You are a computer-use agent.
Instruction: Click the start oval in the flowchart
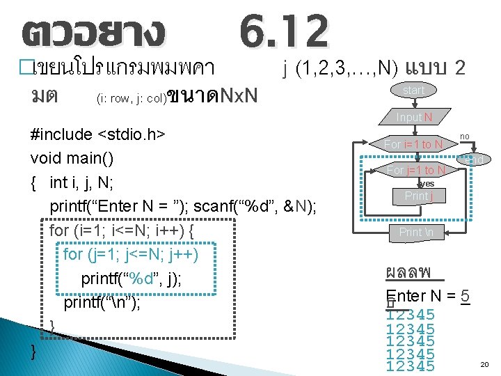[x=413, y=91]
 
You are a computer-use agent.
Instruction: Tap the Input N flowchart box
[x=414, y=117]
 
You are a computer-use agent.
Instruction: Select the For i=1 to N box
[x=413, y=144]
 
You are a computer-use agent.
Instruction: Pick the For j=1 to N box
[x=416, y=170]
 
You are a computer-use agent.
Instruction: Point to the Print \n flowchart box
[x=416, y=232]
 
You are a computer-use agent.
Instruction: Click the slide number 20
[x=484, y=364]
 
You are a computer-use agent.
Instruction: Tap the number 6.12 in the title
[x=283, y=33]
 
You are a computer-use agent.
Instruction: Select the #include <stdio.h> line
[x=97, y=134]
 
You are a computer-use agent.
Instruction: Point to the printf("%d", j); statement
[x=132, y=279]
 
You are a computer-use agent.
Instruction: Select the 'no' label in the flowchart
[x=465, y=136]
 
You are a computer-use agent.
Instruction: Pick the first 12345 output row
[x=411, y=315]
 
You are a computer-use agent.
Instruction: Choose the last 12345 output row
[x=411, y=366]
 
